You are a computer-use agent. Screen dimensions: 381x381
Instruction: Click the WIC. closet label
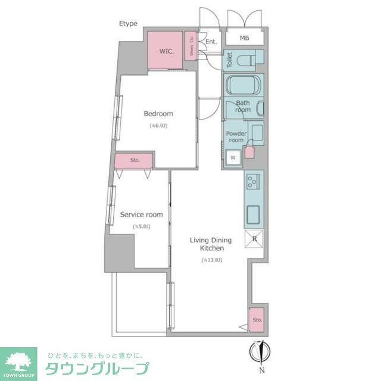tap(166, 51)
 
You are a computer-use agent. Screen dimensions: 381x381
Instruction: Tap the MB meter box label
tap(244, 39)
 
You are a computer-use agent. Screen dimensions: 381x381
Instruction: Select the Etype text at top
tap(128, 24)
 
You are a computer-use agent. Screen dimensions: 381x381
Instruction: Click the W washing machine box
tap(233, 158)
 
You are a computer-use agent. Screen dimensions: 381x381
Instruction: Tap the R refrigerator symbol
tap(254, 239)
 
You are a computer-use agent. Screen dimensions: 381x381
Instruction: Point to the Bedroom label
tap(158, 114)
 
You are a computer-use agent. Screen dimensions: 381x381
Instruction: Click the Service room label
tap(142, 214)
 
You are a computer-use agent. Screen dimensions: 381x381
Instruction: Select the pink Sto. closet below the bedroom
tap(135, 160)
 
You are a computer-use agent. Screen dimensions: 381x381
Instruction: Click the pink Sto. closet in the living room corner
tap(257, 320)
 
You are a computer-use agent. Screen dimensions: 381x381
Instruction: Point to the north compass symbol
tap(260, 351)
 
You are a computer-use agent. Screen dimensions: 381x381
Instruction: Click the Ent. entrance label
tap(211, 42)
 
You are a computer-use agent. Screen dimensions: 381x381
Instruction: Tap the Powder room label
tap(236, 136)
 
